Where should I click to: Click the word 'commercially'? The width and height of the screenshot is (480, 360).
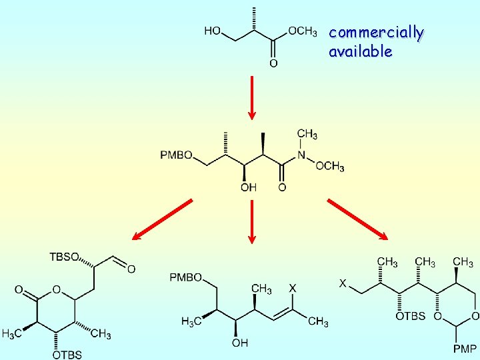pyautogui.click(x=376, y=33)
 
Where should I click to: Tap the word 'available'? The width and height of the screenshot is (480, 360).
pyautogui.click(x=360, y=51)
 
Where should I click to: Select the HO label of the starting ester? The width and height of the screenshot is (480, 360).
pyautogui.click(x=213, y=31)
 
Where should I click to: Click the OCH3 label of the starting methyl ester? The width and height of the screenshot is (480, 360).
pyautogui.click(x=301, y=31)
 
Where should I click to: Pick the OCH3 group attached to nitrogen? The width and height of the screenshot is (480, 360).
pyautogui.click(x=329, y=166)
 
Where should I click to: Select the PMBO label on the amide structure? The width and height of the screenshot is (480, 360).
pyautogui.click(x=176, y=155)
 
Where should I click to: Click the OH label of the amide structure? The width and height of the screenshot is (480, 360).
pyautogui.click(x=248, y=188)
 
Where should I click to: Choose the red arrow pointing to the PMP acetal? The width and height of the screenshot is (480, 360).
pyautogui.click(x=357, y=219)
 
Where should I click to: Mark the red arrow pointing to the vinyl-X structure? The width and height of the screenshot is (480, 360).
pyautogui.click(x=252, y=221)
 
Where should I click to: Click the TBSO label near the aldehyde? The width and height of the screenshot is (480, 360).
pyautogui.click(x=64, y=257)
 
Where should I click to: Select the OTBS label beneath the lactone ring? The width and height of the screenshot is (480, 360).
pyautogui.click(x=67, y=355)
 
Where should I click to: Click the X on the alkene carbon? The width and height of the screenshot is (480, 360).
pyautogui.click(x=292, y=288)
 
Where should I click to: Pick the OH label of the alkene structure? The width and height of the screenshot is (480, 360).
pyautogui.click(x=239, y=343)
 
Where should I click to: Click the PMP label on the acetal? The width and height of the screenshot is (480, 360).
pyautogui.click(x=465, y=349)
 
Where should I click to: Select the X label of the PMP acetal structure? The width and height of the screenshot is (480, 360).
pyautogui.click(x=343, y=283)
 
